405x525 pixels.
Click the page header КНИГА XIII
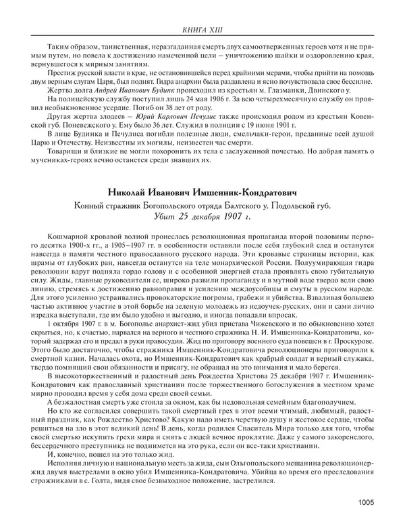click(202, 30)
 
